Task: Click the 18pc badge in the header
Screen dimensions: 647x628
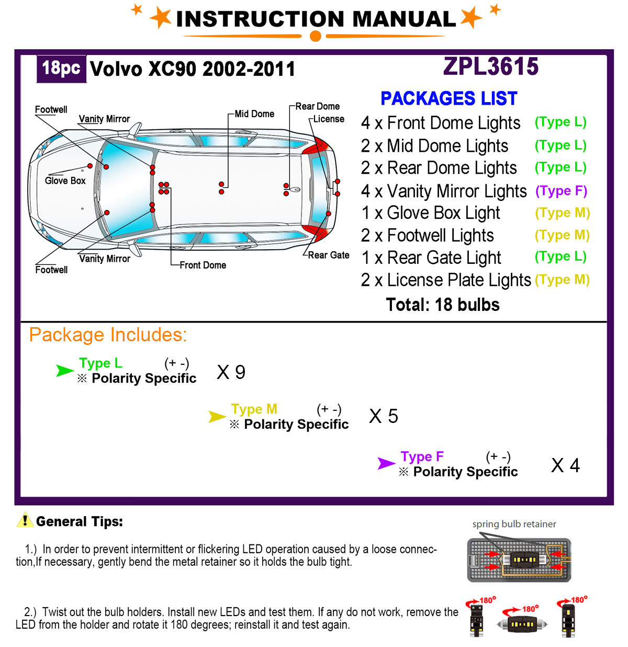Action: click(x=61, y=69)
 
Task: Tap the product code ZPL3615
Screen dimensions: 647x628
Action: click(x=491, y=66)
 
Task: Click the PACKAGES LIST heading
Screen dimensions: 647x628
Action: click(x=448, y=98)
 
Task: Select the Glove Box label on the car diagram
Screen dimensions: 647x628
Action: click(x=65, y=181)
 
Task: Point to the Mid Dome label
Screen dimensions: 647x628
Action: click(x=254, y=114)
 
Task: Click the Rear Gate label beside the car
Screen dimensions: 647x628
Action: click(x=329, y=255)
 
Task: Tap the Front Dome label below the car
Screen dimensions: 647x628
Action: click(x=203, y=265)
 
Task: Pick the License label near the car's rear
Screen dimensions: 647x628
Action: click(x=329, y=119)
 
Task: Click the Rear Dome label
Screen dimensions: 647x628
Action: click(x=317, y=106)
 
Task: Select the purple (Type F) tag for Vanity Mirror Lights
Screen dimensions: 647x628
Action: click(x=561, y=191)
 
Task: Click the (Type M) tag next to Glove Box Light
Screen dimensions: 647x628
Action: click(x=562, y=213)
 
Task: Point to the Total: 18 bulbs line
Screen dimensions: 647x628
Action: click(x=443, y=305)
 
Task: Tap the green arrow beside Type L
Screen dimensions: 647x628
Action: click(x=65, y=371)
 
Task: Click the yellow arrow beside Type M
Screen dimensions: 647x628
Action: click(x=217, y=417)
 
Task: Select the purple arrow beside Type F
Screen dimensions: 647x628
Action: click(x=386, y=463)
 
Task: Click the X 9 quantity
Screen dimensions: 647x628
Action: click(x=231, y=372)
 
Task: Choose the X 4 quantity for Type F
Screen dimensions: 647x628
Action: click(x=565, y=465)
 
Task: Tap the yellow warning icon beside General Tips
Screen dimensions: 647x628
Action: click(x=25, y=520)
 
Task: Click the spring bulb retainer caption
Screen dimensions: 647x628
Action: click(x=514, y=524)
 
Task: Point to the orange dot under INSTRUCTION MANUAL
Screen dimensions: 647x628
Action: click(x=315, y=36)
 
